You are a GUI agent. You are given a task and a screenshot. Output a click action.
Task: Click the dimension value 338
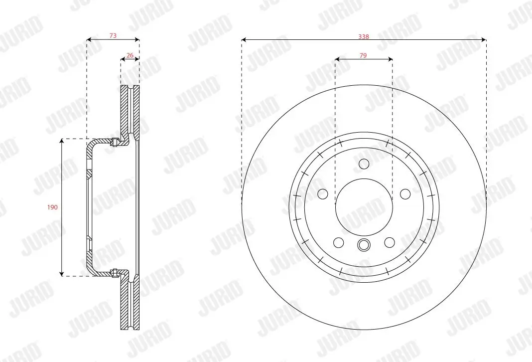click(364, 36)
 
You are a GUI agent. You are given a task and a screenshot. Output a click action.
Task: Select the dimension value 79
click(363, 56)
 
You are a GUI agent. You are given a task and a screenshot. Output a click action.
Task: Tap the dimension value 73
click(113, 35)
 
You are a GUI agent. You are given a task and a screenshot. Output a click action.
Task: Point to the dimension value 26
click(130, 56)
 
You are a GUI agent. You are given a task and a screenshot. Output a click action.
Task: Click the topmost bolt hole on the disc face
click(364, 164)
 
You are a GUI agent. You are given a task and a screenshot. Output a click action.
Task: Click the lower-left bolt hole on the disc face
click(338, 242)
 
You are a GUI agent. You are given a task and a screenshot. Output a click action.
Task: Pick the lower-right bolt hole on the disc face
click(389, 242)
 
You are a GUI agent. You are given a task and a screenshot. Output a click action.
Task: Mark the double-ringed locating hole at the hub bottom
click(364, 245)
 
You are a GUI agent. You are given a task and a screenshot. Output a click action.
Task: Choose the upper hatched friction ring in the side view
click(130, 110)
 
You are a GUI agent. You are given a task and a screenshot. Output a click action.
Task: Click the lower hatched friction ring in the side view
click(130, 304)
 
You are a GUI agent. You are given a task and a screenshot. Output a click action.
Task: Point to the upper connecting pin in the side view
click(115, 142)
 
